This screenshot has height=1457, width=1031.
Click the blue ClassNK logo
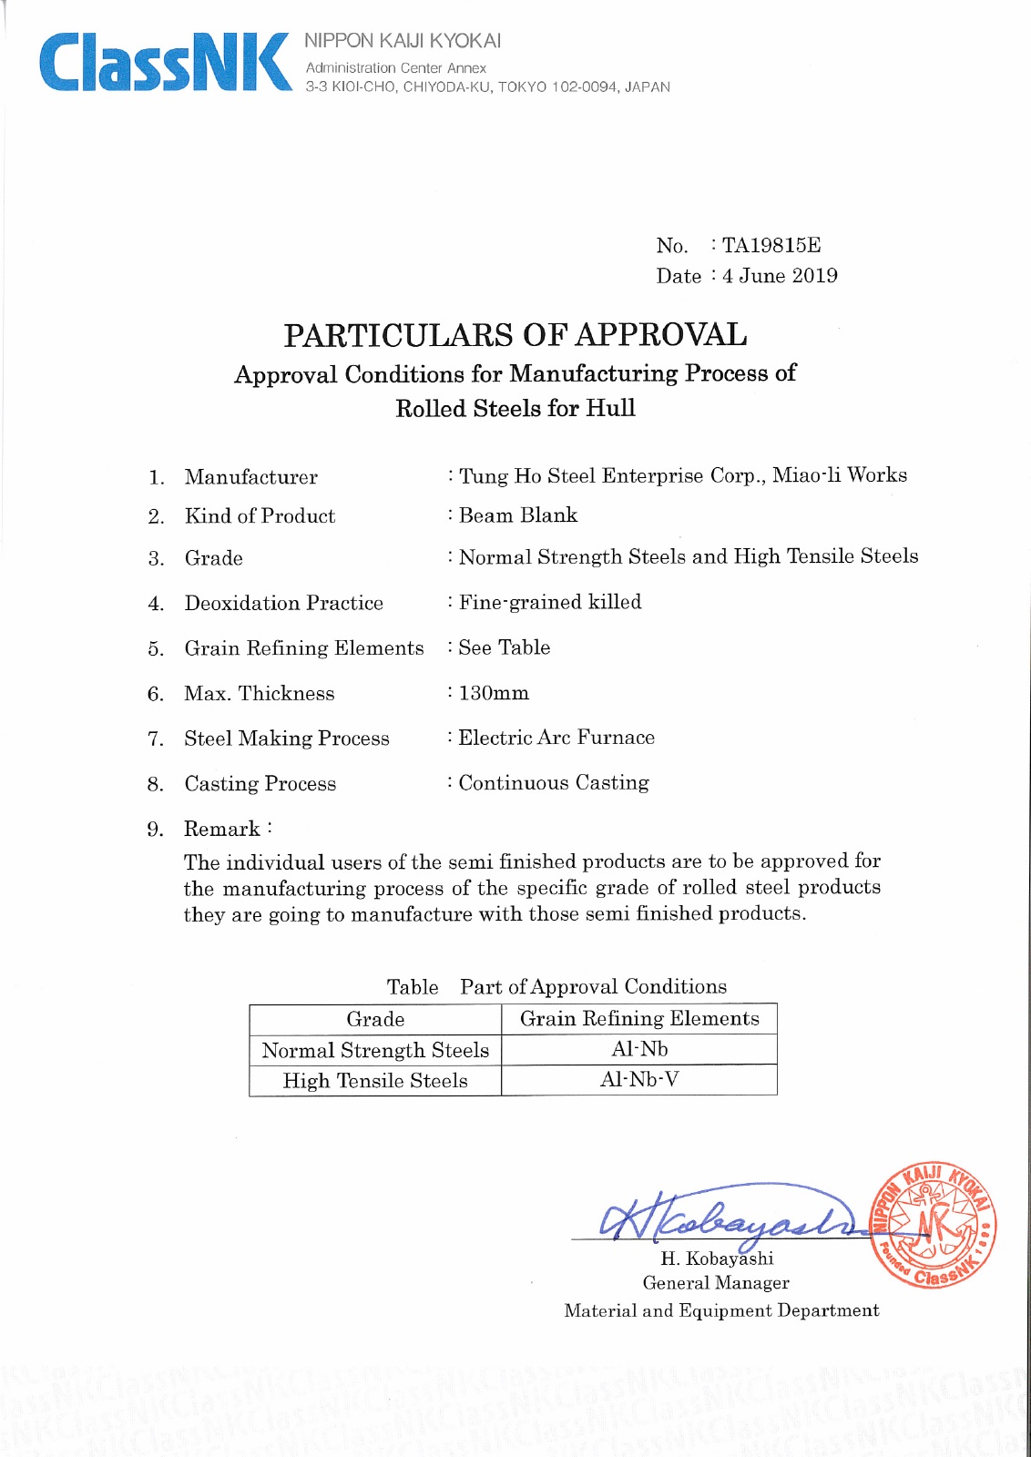[x=164, y=62]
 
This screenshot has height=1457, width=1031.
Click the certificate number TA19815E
[x=771, y=245]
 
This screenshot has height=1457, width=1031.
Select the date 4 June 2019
[x=780, y=276]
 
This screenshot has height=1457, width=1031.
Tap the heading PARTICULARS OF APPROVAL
[x=515, y=335]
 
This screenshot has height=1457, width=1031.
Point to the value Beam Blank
[x=518, y=515]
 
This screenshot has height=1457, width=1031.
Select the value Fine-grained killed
[x=550, y=602]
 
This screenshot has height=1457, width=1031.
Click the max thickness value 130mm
[x=494, y=693]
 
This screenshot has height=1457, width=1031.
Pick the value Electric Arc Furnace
[x=556, y=738]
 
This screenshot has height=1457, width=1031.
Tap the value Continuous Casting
[x=554, y=783]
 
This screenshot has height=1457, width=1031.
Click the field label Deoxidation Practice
[x=283, y=603]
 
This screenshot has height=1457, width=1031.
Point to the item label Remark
[x=222, y=829]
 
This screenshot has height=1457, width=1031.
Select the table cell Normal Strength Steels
[x=375, y=1050]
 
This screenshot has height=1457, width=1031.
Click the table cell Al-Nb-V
[x=639, y=1080]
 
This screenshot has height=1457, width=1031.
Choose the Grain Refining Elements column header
[x=639, y=1019]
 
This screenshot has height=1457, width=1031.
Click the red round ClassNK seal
[x=933, y=1225]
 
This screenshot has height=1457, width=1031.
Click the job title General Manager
[x=716, y=1283]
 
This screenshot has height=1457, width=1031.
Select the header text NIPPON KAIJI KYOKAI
[x=403, y=41]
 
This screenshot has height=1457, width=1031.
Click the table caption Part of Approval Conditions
[x=593, y=987]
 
